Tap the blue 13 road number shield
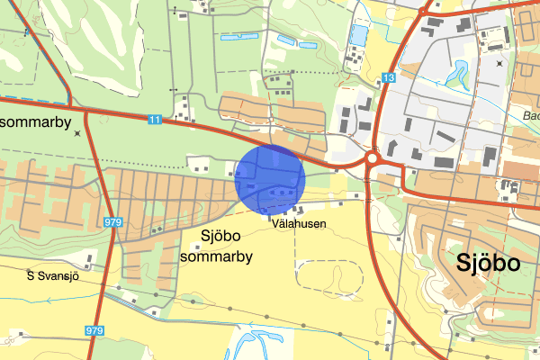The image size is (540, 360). coord(388,78)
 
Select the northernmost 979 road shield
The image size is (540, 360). coord(112,222)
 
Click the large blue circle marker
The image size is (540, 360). coord(270,179)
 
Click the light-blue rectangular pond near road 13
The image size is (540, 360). coord(359,35)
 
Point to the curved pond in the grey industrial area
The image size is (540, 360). coord(463,69)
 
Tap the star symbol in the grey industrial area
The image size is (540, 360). coord(500,64)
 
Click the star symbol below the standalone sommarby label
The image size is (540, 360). coord(78,134)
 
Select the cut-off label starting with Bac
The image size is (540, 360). coord(529,116)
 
